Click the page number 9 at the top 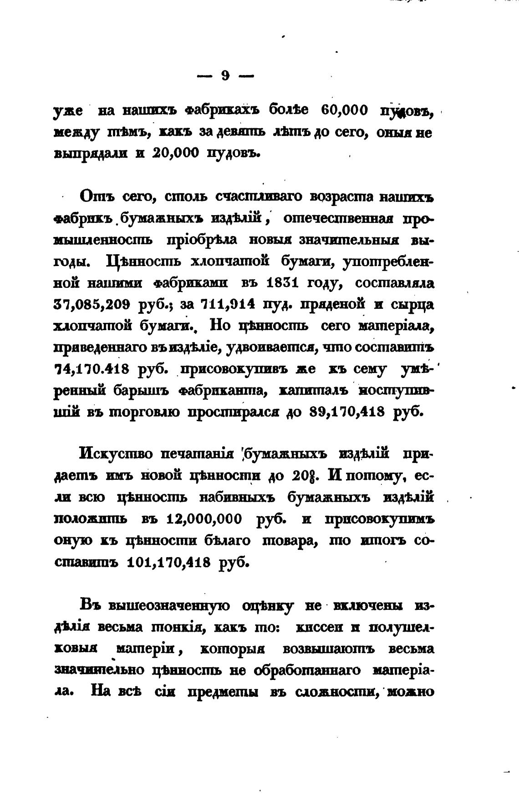tap(225, 75)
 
